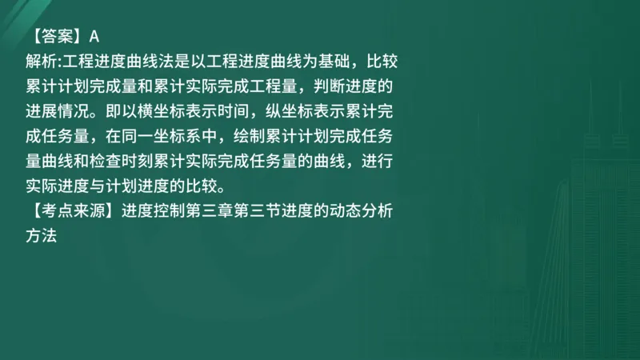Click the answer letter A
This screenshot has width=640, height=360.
pyautogui.click(x=94, y=35)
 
